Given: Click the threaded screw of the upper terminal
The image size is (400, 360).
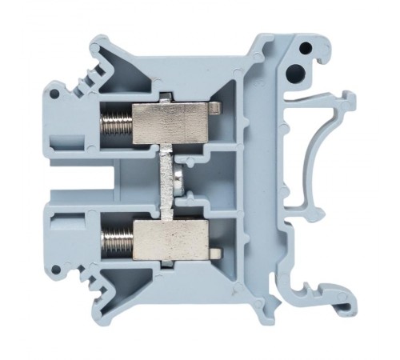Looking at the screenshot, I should (x=114, y=125).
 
